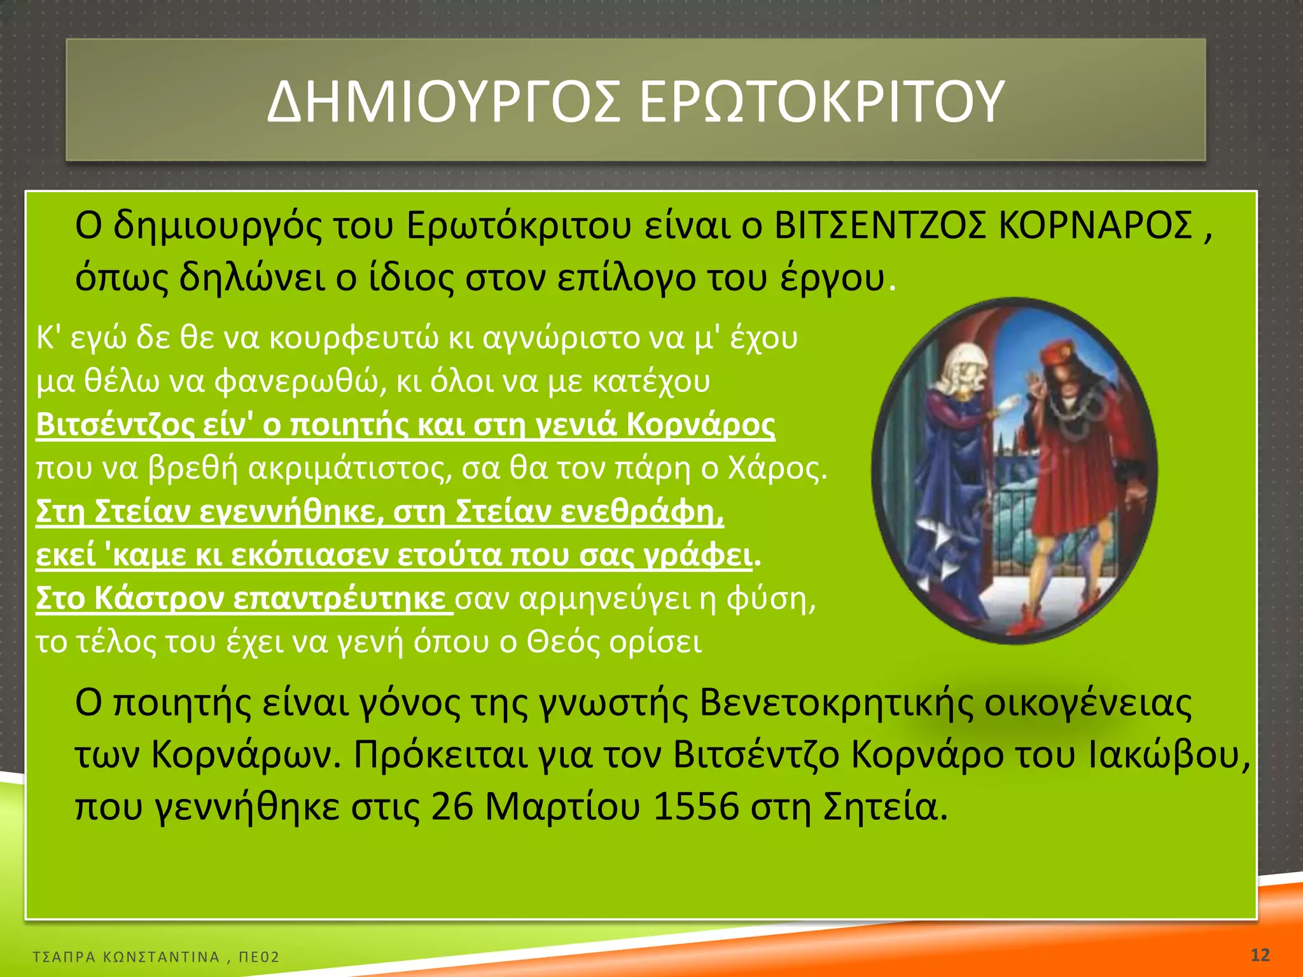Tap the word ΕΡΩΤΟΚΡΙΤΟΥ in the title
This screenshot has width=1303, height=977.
tap(821, 102)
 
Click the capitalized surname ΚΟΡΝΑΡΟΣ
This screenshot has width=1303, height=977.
tap(1095, 225)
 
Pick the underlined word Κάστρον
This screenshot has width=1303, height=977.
tap(159, 599)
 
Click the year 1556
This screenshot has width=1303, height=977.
tap(696, 807)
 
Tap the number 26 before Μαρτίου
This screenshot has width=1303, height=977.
tap(452, 807)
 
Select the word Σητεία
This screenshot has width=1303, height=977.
tap(885, 807)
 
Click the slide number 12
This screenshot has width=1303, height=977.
tap(1260, 955)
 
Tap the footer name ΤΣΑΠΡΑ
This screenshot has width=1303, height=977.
tap(64, 957)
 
